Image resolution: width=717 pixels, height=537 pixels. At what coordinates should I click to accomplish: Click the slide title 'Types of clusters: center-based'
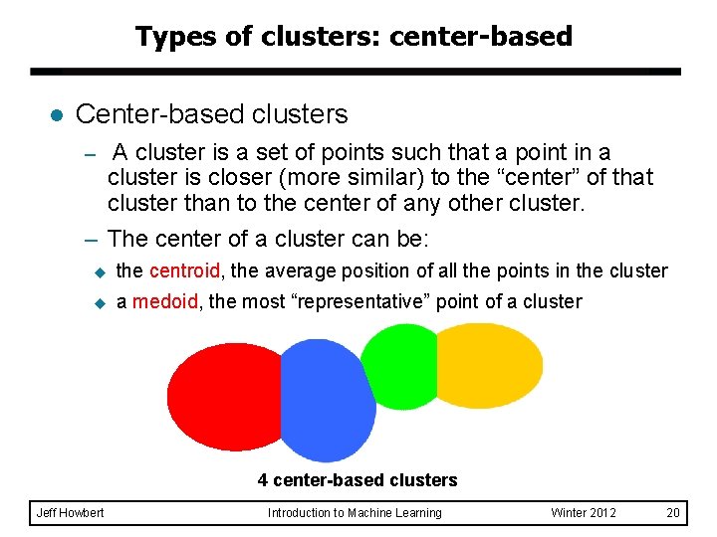click(354, 37)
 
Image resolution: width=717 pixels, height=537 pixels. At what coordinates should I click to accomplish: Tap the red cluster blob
click(224, 395)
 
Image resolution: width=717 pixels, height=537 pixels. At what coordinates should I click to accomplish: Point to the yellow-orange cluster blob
click(490, 365)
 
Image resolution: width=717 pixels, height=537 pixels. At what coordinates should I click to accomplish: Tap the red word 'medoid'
click(165, 301)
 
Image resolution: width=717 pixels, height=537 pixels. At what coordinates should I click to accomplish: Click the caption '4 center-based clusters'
click(358, 480)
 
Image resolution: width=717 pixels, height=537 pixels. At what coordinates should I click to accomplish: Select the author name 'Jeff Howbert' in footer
click(70, 513)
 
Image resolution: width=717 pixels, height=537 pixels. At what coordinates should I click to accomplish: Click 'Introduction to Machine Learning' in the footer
click(355, 513)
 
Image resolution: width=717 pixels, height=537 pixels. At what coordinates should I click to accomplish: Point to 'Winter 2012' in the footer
click(584, 513)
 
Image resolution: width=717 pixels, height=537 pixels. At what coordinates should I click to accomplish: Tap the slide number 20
click(673, 513)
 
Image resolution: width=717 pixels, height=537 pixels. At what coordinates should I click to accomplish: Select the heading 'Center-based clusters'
click(211, 114)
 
